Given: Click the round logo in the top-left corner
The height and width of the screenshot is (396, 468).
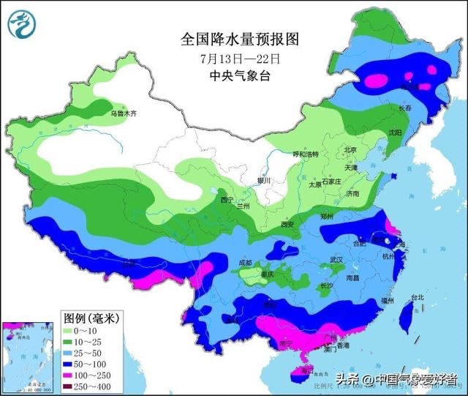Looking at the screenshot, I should [23, 25].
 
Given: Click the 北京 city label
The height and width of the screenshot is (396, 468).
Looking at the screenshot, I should [350, 150].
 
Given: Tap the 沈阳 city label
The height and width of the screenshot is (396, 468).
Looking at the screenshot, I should [395, 132].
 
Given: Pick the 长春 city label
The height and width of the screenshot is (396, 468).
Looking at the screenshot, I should [404, 108].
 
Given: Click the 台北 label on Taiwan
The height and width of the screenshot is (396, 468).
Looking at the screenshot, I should [417, 298].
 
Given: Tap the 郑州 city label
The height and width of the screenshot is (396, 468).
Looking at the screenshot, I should [328, 217].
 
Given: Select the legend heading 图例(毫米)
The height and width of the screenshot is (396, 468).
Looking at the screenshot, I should [93, 318].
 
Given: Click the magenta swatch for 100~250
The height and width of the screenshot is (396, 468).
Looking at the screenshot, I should [72, 374].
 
